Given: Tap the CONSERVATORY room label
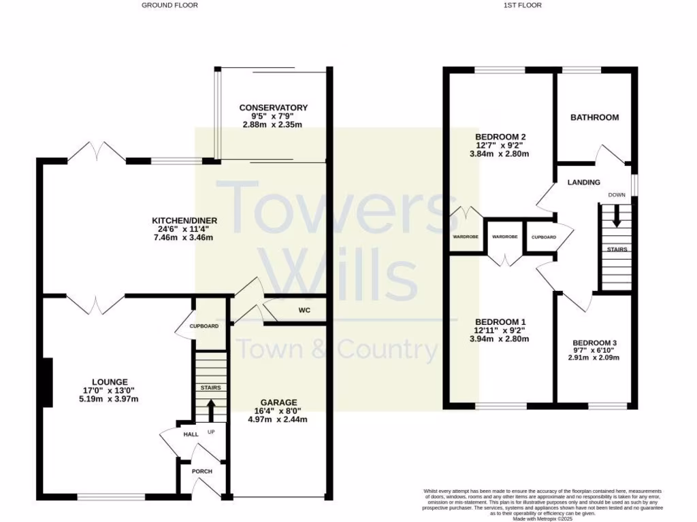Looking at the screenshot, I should point(273,107).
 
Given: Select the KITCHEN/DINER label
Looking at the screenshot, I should point(184,220).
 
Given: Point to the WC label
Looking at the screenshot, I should point(304,311).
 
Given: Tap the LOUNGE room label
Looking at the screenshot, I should point(110,382).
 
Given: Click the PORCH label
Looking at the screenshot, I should point(202,472).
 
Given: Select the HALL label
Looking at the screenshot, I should point(191,434).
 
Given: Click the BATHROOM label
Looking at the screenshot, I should point(594,118).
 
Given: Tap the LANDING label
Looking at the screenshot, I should point(583,182).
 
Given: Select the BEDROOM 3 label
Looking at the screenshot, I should point(594,343).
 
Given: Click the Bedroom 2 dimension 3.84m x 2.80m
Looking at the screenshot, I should point(499,154).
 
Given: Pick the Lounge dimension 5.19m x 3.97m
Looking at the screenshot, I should point(110,399).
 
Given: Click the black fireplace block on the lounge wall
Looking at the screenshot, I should point(47,383).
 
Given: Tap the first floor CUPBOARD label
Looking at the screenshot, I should point(543,237).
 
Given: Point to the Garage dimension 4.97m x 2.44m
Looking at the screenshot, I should point(277,419).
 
